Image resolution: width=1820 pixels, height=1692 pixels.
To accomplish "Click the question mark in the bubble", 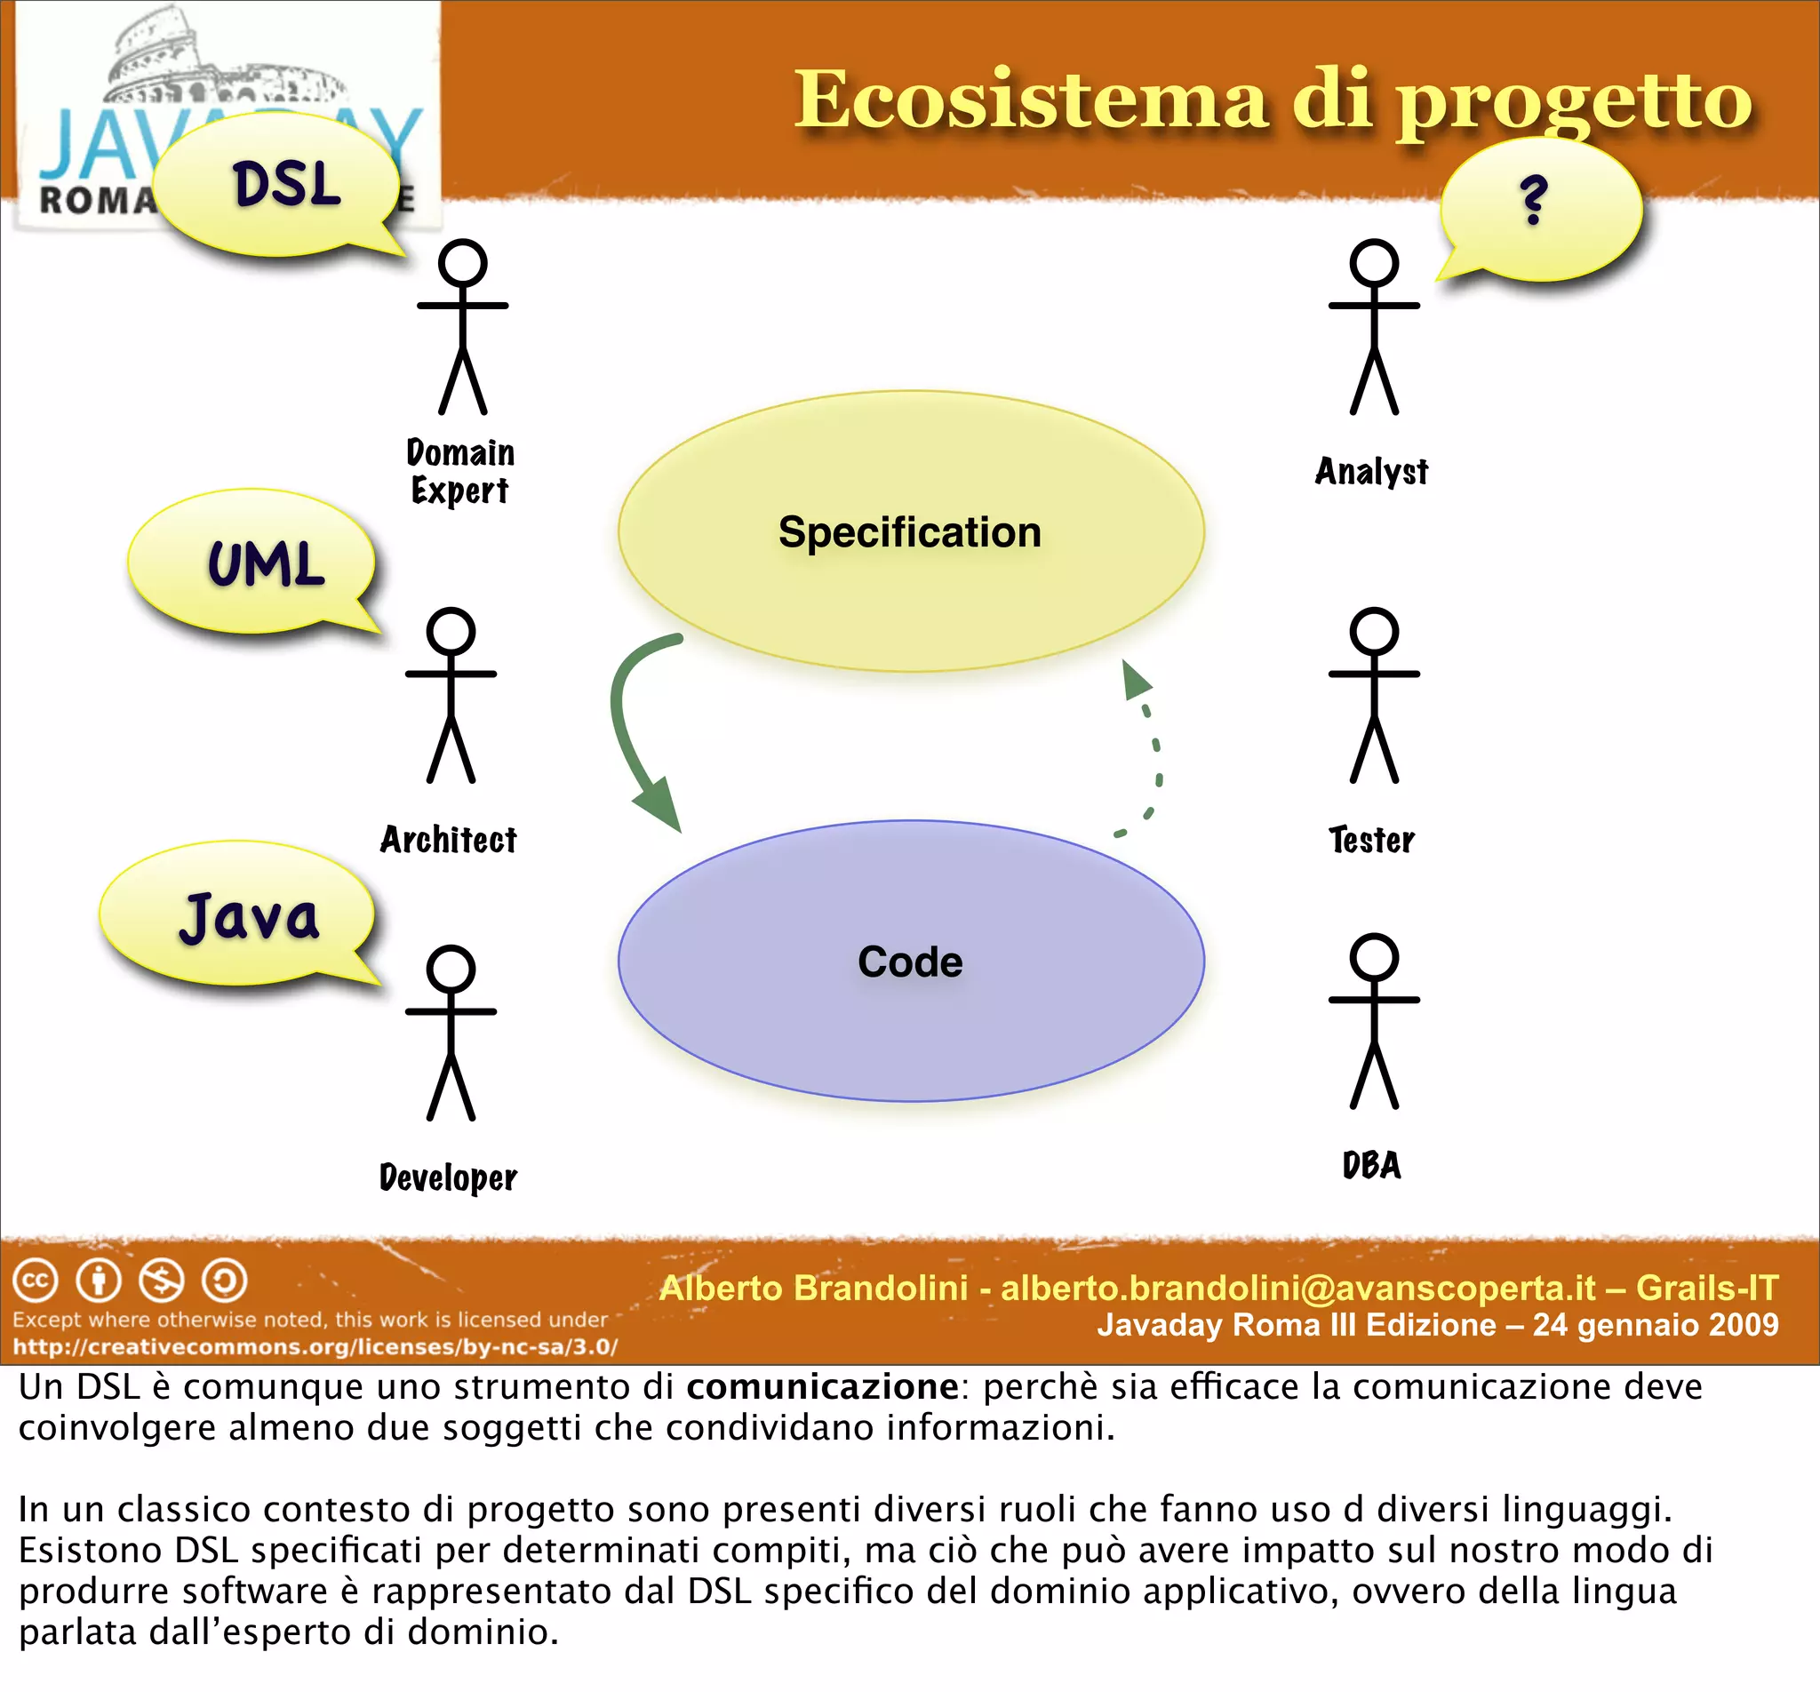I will pos(1534,201).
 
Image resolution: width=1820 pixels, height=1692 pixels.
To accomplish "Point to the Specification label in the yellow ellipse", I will pos(909,533).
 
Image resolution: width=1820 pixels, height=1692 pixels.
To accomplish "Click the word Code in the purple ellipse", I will pos(910,962).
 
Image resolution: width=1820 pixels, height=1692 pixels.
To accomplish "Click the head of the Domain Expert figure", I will pos(462,264).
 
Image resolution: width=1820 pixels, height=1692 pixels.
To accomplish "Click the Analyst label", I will pos(1370,472).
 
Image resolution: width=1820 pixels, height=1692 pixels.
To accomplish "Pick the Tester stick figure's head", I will pos(1374,631).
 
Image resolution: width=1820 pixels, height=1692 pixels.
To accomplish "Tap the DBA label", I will pos(1371,1166).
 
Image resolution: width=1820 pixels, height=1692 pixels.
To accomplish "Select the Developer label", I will pos(448,1177).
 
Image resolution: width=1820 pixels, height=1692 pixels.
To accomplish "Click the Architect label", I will pos(448,840).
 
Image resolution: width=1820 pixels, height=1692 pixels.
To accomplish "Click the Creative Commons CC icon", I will pos(36,1280).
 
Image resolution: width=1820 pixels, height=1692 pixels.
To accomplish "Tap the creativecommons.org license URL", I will pos(315,1347).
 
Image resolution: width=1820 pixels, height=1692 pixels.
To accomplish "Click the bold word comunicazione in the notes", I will pos(822,1387).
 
